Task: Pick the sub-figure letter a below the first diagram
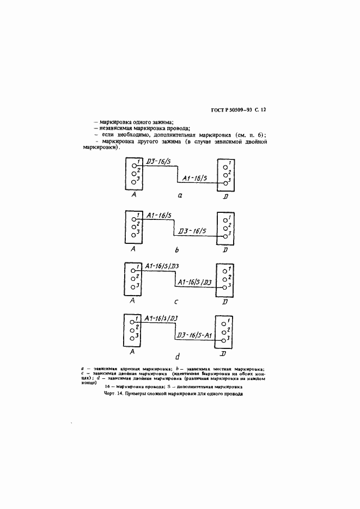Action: (180, 194)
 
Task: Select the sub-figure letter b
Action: (178, 250)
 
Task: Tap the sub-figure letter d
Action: (178, 357)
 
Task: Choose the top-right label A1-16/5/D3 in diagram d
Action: (162, 318)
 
